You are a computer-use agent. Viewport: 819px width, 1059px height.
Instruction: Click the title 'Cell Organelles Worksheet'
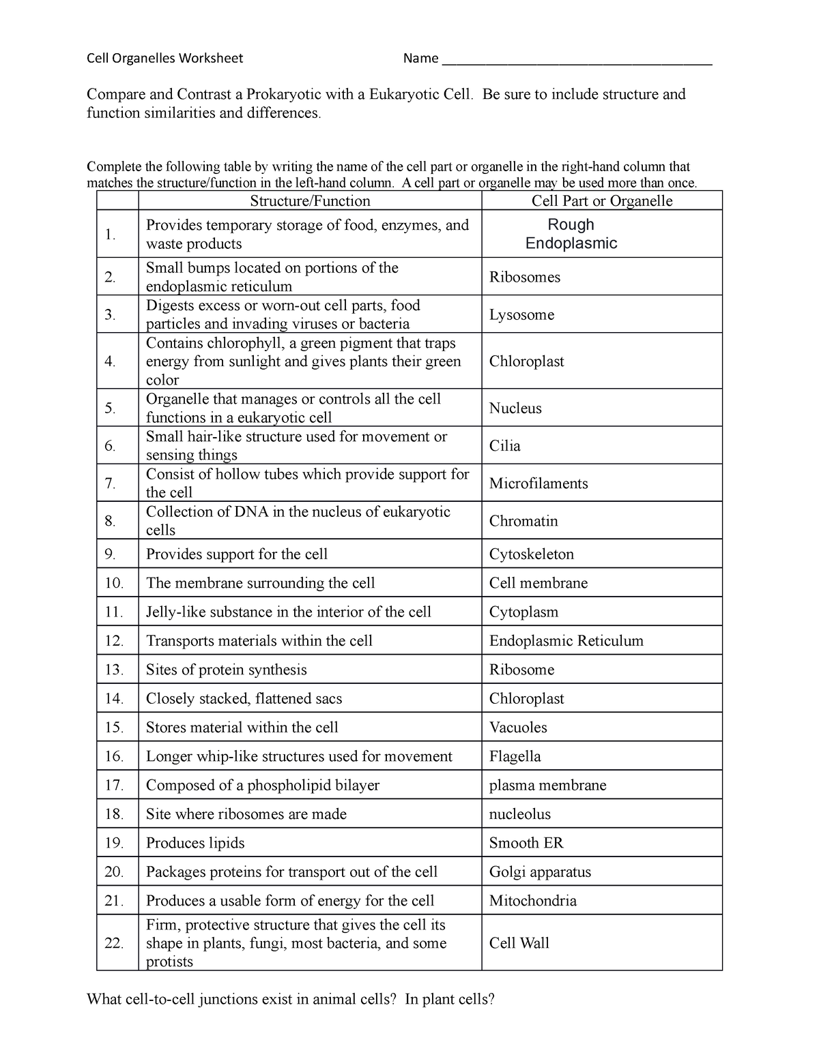pyautogui.click(x=164, y=59)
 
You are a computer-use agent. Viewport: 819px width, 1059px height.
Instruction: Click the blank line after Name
pyautogui.click(x=577, y=60)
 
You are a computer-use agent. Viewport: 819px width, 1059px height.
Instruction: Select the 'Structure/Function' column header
pyautogui.click(x=310, y=200)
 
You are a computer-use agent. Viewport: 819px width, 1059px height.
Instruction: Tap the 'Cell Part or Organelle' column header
pyautogui.click(x=602, y=200)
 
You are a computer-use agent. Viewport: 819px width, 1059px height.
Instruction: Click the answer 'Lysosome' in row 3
pyautogui.click(x=521, y=314)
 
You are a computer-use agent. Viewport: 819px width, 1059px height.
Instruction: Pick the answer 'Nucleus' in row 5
pyautogui.click(x=515, y=408)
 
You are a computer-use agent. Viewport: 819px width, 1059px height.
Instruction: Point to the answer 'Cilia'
pyautogui.click(x=505, y=446)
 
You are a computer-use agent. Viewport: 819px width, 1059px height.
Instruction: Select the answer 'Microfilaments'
pyautogui.click(x=538, y=483)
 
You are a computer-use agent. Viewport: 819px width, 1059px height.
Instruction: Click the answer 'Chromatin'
pyautogui.click(x=523, y=521)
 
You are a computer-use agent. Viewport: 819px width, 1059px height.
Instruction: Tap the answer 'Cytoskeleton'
pyautogui.click(x=532, y=554)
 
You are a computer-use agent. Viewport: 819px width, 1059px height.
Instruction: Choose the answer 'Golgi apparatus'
pyautogui.click(x=540, y=872)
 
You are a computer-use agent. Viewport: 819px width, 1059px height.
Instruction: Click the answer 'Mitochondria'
pyautogui.click(x=533, y=901)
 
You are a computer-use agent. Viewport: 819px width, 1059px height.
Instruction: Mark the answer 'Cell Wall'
pyautogui.click(x=519, y=943)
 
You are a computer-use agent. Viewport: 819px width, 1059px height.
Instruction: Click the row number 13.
pyautogui.click(x=114, y=670)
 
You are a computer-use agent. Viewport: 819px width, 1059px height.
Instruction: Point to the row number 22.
pyautogui.click(x=114, y=943)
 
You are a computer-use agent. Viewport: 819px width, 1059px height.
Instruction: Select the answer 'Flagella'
pyautogui.click(x=515, y=756)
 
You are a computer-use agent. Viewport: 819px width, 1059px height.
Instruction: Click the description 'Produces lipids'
pyautogui.click(x=195, y=843)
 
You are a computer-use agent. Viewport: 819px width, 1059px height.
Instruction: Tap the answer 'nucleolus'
pyautogui.click(x=520, y=814)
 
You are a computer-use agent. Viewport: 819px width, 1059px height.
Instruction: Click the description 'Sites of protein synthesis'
pyautogui.click(x=227, y=670)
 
